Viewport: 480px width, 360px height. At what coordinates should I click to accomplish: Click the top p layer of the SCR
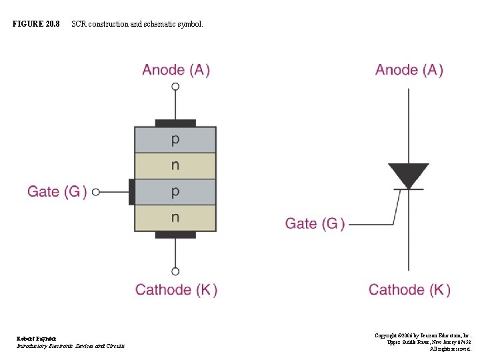coord(175,140)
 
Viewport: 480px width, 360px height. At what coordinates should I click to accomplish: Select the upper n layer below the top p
coord(175,166)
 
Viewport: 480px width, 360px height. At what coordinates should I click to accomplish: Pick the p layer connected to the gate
coord(175,192)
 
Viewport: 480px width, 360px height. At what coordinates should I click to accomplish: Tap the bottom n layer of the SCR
coord(175,217)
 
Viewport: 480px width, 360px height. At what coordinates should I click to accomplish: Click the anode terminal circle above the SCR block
coord(175,86)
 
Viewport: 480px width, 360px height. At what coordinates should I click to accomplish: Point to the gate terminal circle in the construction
coord(96,192)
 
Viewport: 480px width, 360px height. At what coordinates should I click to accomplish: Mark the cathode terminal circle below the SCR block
coord(175,271)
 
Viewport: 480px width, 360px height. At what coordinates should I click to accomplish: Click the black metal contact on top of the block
coord(175,123)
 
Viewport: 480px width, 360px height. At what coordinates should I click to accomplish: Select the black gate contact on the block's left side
coord(131,192)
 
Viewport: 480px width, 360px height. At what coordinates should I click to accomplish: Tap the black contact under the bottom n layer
coord(175,235)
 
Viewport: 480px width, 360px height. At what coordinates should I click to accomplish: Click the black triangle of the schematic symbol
coord(409,175)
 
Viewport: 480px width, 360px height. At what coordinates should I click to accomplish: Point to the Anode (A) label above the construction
coord(176,70)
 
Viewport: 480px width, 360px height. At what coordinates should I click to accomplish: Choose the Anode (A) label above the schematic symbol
coord(409,70)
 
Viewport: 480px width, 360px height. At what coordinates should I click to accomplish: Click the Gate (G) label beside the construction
coord(57,192)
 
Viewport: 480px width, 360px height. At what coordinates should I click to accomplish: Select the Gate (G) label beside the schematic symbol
coord(315,223)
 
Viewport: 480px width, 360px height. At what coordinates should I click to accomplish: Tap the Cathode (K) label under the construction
coord(176,289)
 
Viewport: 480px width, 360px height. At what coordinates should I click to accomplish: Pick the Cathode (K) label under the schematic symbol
coord(409,289)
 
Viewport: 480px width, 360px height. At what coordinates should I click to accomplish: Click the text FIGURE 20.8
coord(36,24)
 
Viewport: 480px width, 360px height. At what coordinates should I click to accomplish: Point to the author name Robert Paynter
coord(37,339)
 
